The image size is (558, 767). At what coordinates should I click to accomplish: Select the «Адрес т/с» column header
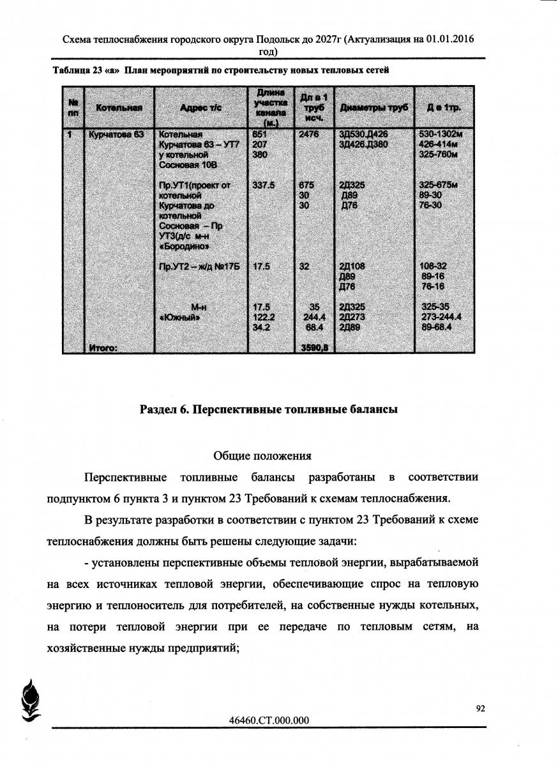[200, 109]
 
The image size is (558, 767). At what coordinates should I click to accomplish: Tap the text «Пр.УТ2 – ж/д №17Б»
[199, 267]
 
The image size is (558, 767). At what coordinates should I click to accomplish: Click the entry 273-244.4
[442, 316]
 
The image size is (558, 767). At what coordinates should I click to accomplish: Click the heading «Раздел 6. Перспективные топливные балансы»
[269, 410]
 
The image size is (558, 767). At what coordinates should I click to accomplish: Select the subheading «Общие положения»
[262, 456]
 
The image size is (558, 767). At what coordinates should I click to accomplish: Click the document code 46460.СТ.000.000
[269, 720]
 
